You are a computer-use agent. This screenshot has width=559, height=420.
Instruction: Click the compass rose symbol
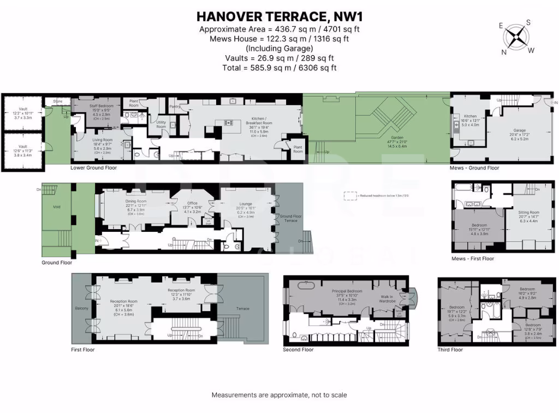[x=516, y=37]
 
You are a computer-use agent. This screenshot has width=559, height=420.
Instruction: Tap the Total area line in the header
[x=279, y=68]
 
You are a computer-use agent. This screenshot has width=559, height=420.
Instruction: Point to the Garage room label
[x=519, y=130]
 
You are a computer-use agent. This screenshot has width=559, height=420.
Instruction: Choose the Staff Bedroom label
[x=102, y=106]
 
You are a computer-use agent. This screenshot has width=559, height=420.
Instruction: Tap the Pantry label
[x=175, y=107]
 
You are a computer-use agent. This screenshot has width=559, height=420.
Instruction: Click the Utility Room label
[x=161, y=124]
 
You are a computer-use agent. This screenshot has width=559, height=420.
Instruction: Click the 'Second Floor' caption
[x=298, y=349]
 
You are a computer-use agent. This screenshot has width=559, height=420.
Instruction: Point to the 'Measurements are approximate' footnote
[x=279, y=395]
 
